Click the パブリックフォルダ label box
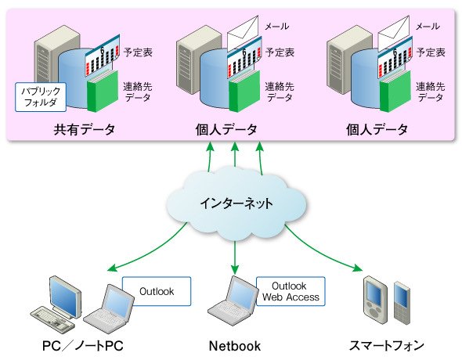click(x=41, y=97)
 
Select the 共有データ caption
click(x=85, y=129)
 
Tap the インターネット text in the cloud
click(x=236, y=203)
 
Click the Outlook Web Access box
click(x=291, y=291)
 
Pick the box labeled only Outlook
click(x=157, y=291)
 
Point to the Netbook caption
click(x=235, y=346)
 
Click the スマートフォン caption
click(x=386, y=346)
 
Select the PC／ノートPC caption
click(x=83, y=346)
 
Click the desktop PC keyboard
click(x=52, y=319)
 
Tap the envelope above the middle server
click(x=243, y=32)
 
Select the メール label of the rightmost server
click(x=428, y=27)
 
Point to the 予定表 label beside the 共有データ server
click(x=138, y=52)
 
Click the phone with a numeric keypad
click(x=402, y=303)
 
